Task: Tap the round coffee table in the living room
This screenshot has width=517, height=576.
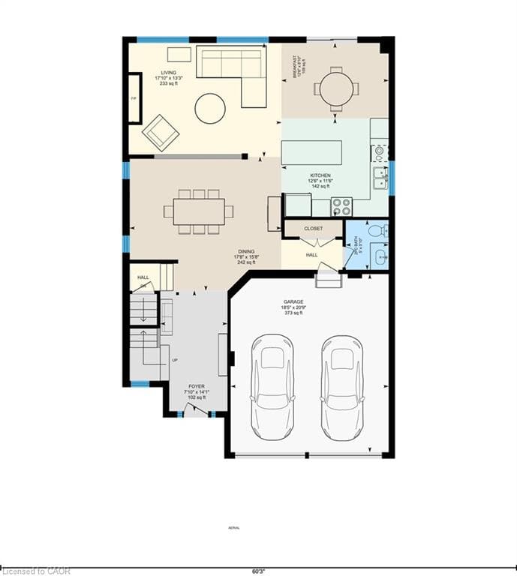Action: point(210,108)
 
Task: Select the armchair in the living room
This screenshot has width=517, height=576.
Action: point(161,132)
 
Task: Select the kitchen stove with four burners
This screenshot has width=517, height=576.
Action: point(341,205)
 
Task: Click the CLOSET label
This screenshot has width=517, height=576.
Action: point(313,228)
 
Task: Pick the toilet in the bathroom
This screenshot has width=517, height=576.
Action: point(376,229)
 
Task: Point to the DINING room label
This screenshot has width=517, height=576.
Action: point(245,252)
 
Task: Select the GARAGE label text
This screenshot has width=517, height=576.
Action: point(293,301)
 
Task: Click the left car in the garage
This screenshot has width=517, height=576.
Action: point(271,387)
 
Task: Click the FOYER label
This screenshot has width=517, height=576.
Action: point(197,386)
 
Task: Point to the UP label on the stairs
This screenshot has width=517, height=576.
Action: point(175,360)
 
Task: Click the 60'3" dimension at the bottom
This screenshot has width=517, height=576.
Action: point(259,571)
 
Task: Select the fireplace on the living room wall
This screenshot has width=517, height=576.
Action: point(134,97)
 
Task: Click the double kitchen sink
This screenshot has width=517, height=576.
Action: point(380,178)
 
